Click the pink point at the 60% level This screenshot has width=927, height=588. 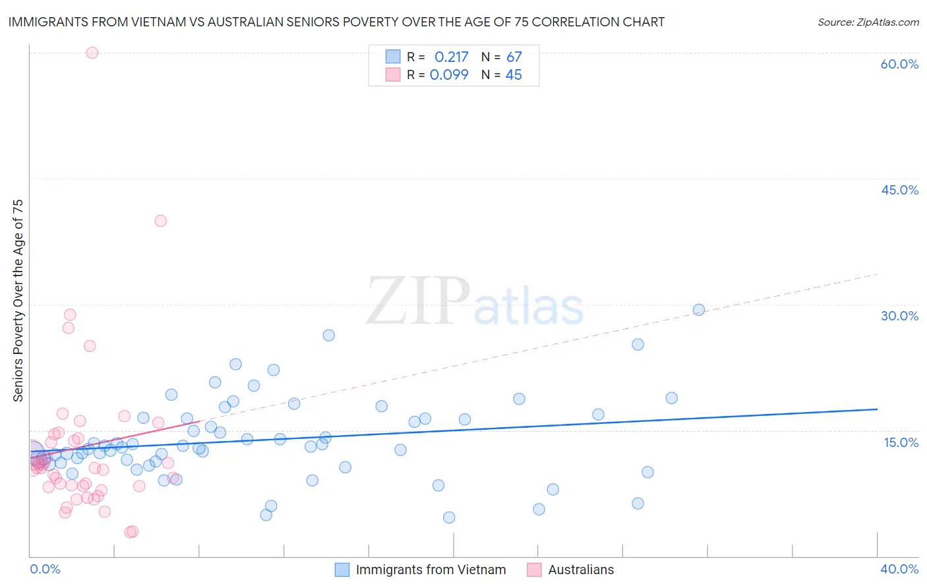tap(92, 53)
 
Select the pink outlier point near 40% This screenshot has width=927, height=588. tap(160, 221)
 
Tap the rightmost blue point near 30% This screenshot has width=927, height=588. tap(699, 310)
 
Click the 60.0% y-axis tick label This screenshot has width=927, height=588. tap(899, 64)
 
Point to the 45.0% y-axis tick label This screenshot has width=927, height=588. tap(899, 190)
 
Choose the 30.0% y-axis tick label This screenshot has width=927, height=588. tap(899, 316)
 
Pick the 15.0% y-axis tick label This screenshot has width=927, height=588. tap(901, 442)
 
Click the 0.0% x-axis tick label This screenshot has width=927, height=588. tap(45, 569)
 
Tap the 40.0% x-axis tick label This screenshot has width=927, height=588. tap(899, 569)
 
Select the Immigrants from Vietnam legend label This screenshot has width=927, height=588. tap(431, 570)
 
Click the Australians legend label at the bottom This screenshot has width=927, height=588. tap(580, 570)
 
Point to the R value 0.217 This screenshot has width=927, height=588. tap(451, 57)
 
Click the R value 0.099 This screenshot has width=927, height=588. tap(449, 75)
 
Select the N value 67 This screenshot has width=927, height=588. tap(514, 57)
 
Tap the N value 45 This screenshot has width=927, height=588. tap(514, 75)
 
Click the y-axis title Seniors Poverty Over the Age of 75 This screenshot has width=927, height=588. tap(18, 300)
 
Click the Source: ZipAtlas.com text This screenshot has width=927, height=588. tap(868, 22)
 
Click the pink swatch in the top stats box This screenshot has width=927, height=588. tap(393, 74)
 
